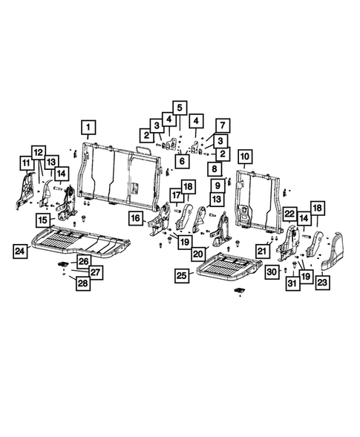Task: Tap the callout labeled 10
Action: pos(244,157)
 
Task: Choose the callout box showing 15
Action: pos(44,220)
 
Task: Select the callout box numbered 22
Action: pos(289,214)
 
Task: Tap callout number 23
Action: pos(322,281)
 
